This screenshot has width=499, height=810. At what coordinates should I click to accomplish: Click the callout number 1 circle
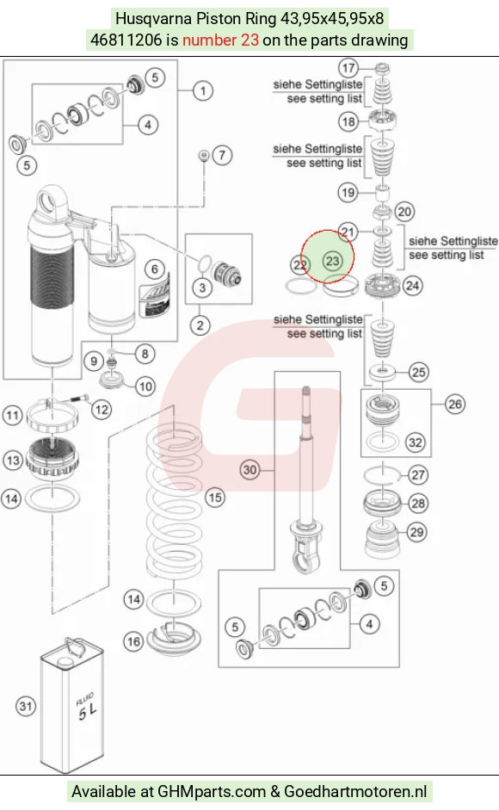coord(202,91)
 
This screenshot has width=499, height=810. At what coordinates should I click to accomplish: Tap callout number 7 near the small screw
coord(222,155)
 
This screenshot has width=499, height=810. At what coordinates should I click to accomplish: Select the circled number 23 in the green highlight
coord(332,261)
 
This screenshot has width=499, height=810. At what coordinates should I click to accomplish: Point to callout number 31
coord(26,706)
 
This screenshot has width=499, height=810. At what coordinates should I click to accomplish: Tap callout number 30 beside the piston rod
coord(250,470)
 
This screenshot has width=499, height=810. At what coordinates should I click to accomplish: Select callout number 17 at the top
coord(348,68)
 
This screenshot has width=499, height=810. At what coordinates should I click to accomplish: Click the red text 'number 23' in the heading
coord(220,40)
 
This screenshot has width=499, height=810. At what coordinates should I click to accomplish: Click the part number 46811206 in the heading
coord(126,40)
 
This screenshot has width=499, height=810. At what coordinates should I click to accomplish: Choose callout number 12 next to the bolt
coord(102,411)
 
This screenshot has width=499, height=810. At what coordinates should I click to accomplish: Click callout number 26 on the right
coord(455,404)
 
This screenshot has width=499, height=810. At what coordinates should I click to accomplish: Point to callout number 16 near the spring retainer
coord(133,641)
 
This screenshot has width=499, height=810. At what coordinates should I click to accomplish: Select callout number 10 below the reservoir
coord(145,386)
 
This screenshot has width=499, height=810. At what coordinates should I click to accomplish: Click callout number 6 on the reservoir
coord(155,269)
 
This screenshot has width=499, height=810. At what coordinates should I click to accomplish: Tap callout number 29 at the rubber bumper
coord(417,532)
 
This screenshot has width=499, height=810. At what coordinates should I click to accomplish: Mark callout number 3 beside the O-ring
coord(202,288)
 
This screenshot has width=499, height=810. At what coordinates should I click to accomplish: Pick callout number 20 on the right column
coord(404,211)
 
